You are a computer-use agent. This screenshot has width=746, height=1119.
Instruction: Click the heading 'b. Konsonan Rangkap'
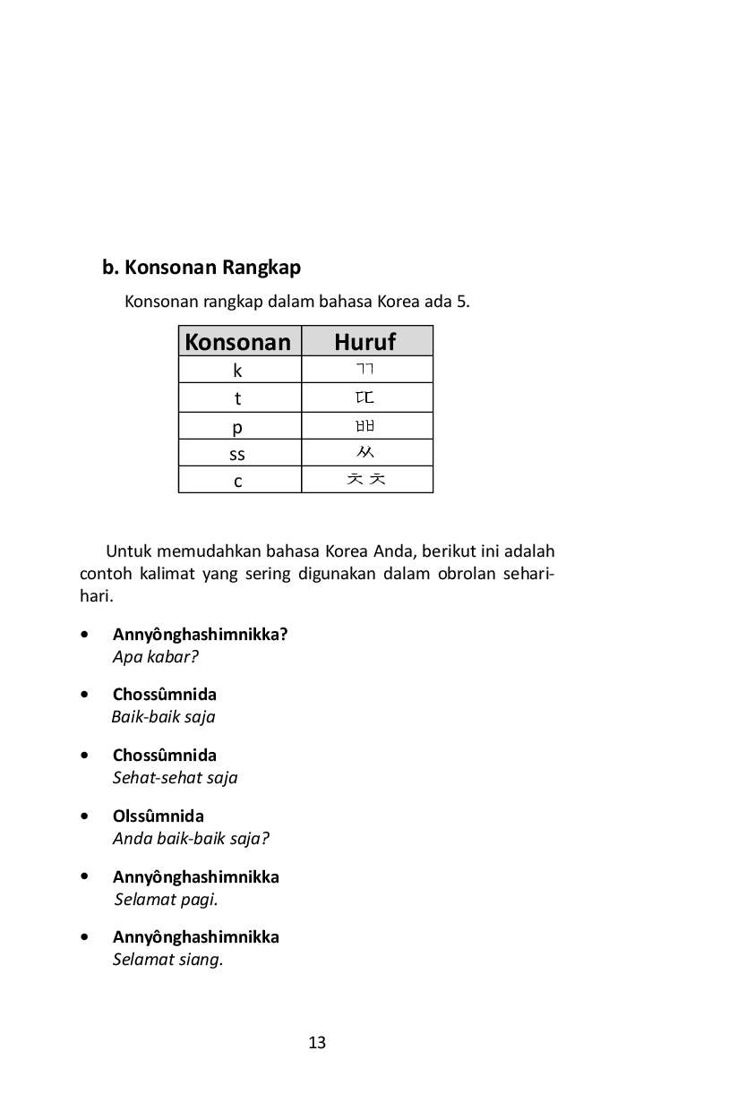tap(202, 268)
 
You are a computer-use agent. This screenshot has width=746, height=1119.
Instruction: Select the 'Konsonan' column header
tap(238, 342)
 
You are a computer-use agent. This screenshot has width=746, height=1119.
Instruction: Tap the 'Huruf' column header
tap(365, 342)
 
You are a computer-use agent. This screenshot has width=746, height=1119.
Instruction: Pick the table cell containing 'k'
tap(238, 370)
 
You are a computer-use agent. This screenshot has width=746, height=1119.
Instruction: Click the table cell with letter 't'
tap(238, 398)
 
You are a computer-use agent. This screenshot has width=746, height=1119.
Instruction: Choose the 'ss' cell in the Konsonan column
tap(237, 454)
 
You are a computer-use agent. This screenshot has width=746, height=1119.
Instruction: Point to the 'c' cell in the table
tap(238, 481)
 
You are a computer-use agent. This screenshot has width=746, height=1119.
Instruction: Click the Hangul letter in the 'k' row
tap(365, 370)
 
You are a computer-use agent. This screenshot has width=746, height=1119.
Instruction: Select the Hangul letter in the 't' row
tap(365, 397)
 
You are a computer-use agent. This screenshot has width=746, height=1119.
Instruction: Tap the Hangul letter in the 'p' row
tap(365, 426)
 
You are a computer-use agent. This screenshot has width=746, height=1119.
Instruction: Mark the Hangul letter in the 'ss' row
tap(365, 453)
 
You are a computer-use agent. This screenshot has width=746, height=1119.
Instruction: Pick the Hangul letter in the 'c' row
tap(366, 480)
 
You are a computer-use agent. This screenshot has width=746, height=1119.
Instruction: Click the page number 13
tap(317, 1043)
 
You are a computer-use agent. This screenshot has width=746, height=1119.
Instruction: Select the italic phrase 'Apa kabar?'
tap(155, 657)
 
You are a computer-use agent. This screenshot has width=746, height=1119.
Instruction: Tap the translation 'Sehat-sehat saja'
tap(175, 778)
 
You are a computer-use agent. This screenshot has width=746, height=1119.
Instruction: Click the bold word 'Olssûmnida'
tap(159, 816)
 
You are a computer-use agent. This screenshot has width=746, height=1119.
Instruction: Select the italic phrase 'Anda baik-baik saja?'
tap(191, 839)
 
